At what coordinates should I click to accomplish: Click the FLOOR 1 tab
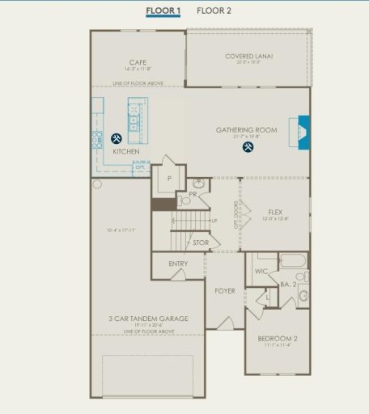(163, 11)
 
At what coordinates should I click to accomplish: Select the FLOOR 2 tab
(214, 11)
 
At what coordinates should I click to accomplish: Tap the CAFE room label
(138, 62)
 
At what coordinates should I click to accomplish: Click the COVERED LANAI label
(248, 57)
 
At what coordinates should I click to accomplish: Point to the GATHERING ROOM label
(247, 129)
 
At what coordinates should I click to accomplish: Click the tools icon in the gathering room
(247, 146)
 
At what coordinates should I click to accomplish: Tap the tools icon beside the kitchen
(117, 138)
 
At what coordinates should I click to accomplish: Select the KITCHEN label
(125, 151)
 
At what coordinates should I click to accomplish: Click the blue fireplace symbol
(303, 129)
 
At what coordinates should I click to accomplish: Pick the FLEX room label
(275, 212)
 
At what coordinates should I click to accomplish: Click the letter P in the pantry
(170, 178)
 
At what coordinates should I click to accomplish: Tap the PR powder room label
(193, 194)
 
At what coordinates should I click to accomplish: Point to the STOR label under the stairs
(200, 242)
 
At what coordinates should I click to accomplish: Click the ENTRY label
(178, 264)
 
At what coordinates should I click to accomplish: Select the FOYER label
(224, 290)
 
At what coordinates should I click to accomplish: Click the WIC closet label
(261, 271)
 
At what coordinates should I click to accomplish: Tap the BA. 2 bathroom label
(286, 284)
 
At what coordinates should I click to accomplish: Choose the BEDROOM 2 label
(278, 338)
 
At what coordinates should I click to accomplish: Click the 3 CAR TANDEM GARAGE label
(149, 319)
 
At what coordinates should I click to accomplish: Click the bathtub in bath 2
(292, 261)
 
